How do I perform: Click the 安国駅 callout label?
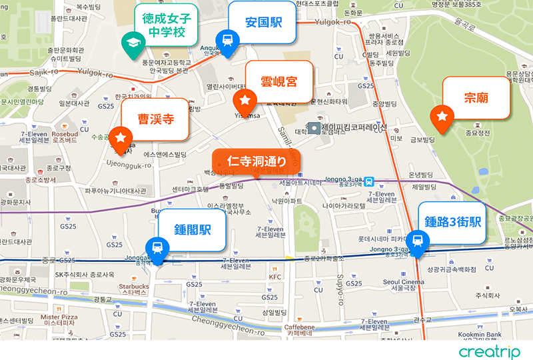click(x=263, y=23)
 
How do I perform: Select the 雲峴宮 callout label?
click(x=278, y=83)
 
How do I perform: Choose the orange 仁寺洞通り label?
click(x=257, y=161)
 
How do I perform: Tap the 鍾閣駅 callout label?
click(x=192, y=230)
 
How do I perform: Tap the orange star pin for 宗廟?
click(x=442, y=118)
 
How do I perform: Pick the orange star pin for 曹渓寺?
click(x=121, y=137)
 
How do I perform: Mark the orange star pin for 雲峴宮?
click(x=245, y=101)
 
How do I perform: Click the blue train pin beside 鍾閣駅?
click(x=157, y=249)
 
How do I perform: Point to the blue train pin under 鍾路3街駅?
click(x=418, y=240)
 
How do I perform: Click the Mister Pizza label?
click(x=59, y=319)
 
